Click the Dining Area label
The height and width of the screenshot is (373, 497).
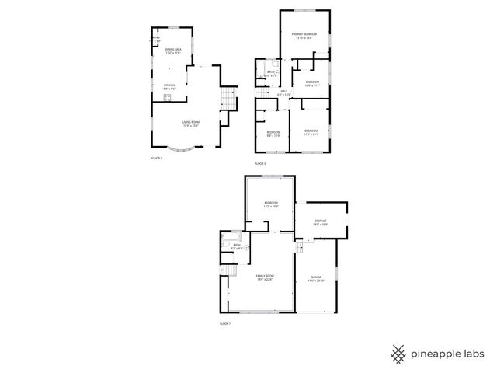point(172,51)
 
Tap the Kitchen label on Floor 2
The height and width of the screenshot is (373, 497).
point(169,87)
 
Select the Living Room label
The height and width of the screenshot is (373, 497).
point(190,124)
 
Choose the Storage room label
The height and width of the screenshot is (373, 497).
point(321,222)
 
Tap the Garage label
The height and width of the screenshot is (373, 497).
point(316,278)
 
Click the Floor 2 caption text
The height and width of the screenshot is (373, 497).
point(157,158)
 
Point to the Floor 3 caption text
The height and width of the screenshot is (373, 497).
point(260,164)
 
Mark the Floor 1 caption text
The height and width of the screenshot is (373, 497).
point(225,322)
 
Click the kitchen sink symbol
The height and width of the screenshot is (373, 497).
point(155,96)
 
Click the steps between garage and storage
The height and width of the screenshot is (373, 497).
point(297,247)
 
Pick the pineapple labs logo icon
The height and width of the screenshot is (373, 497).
point(399,354)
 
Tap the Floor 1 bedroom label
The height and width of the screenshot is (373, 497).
point(269,204)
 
